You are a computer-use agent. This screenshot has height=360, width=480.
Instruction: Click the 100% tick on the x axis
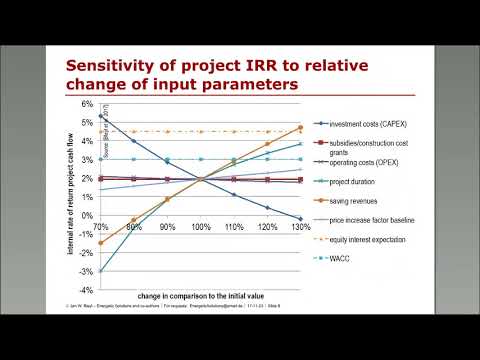200,228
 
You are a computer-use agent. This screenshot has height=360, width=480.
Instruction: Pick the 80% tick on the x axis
134,228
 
